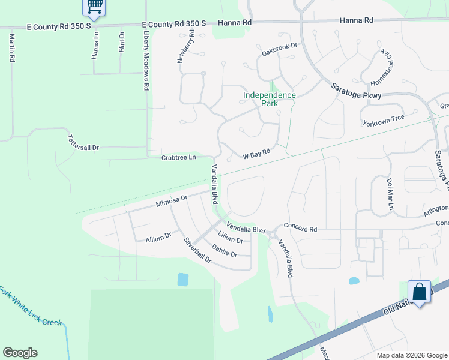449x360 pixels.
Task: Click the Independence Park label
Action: click(x=270, y=99)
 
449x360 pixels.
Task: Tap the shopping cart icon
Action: click(x=94, y=7)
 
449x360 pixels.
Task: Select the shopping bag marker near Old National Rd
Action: click(x=419, y=293)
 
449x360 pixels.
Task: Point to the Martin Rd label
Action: click(x=11, y=48)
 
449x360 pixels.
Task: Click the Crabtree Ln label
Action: click(x=179, y=158)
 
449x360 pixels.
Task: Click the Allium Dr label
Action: click(x=158, y=238)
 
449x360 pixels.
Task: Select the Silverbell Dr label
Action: click(x=197, y=250)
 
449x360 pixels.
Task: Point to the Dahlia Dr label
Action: click(x=224, y=250)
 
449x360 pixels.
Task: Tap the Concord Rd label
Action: click(x=300, y=229)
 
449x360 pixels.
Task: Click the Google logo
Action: click(x=20, y=353)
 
